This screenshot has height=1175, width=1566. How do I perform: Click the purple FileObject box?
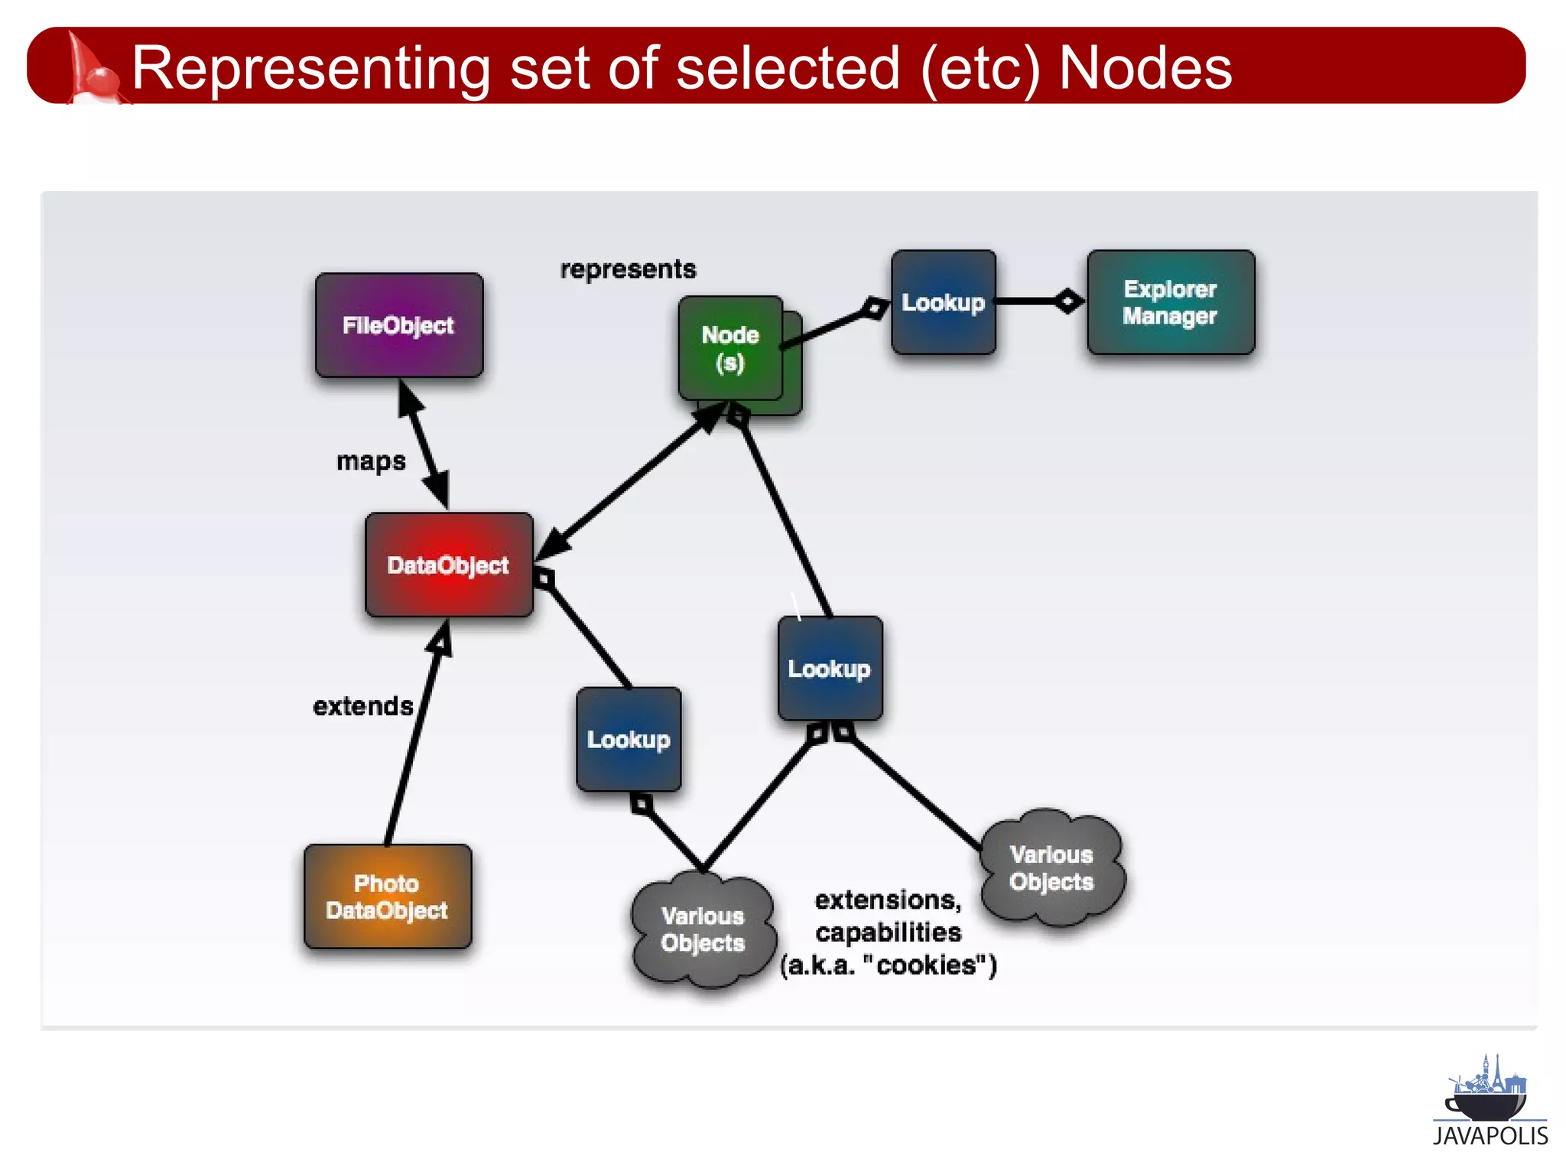pyautogui.click(x=398, y=325)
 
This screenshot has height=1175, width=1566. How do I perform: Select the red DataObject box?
pyautogui.click(x=449, y=565)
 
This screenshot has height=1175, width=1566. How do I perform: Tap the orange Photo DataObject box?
pyautogui.click(x=387, y=897)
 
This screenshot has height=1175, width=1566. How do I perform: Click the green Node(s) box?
pyautogui.click(x=731, y=349)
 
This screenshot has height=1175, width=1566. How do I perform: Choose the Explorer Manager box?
pyautogui.click(x=1170, y=302)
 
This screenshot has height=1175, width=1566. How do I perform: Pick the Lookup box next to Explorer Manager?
pyautogui.click(x=943, y=302)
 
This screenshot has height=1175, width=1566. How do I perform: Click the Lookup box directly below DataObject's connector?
pyautogui.click(x=629, y=739)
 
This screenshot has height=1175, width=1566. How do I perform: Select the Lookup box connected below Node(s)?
pyautogui.click(x=830, y=669)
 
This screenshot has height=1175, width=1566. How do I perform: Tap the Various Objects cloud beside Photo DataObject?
pyautogui.click(x=703, y=929)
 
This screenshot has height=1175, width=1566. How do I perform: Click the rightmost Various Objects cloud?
pyautogui.click(x=1051, y=868)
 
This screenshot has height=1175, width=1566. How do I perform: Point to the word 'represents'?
pyautogui.click(x=628, y=269)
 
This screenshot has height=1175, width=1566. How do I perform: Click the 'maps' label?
pyautogui.click(x=371, y=461)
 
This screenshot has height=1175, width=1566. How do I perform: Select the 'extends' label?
pyautogui.click(x=363, y=706)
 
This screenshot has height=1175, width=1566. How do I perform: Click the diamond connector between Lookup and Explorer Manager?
pyautogui.click(x=1067, y=301)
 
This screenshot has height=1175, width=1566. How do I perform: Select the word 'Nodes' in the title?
pyautogui.click(x=1145, y=68)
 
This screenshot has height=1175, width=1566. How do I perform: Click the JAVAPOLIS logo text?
pyautogui.click(x=1490, y=1136)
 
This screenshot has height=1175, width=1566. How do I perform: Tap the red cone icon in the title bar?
pyautogui.click(x=90, y=69)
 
